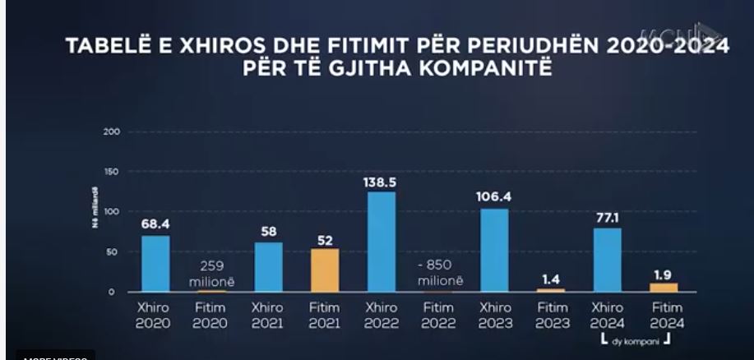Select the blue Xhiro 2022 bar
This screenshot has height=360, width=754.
pyautogui.click(x=381, y=242)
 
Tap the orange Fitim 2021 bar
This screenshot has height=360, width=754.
pyautogui.click(x=324, y=270)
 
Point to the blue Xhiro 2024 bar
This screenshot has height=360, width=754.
pyautogui.click(x=607, y=259)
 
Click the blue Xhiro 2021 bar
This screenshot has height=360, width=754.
pyautogui.click(x=268, y=266)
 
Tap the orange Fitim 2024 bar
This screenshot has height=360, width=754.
pyautogui.click(x=663, y=287)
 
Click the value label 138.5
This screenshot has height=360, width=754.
pyautogui.click(x=380, y=181)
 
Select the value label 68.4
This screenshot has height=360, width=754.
pyautogui.click(x=155, y=224)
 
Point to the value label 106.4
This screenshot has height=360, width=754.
pyautogui.click(x=493, y=197)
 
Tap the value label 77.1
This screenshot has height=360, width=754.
pyautogui.click(x=607, y=218)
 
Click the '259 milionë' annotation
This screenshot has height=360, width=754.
pyautogui.click(x=211, y=275)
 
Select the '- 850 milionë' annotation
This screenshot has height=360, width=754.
pyautogui.click(x=437, y=275)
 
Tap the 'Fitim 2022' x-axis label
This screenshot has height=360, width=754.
pyautogui.click(x=437, y=316)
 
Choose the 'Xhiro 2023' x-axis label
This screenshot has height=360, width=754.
pyautogui.click(x=494, y=316)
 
